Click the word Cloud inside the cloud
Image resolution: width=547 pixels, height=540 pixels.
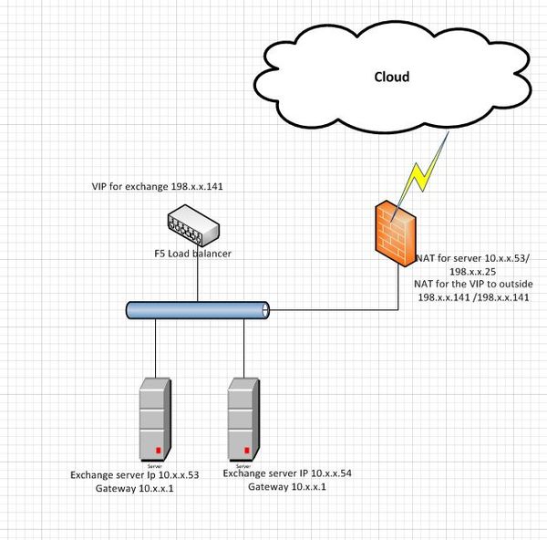tap(392, 77)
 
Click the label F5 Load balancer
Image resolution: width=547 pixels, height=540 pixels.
tap(192, 254)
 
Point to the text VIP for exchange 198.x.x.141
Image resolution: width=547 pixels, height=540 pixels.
tap(158, 186)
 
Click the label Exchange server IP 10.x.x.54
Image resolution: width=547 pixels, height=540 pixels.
tap(287, 474)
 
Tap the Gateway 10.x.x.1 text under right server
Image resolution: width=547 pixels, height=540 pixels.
tap(286, 487)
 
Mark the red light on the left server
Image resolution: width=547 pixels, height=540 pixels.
tap(158, 451)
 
